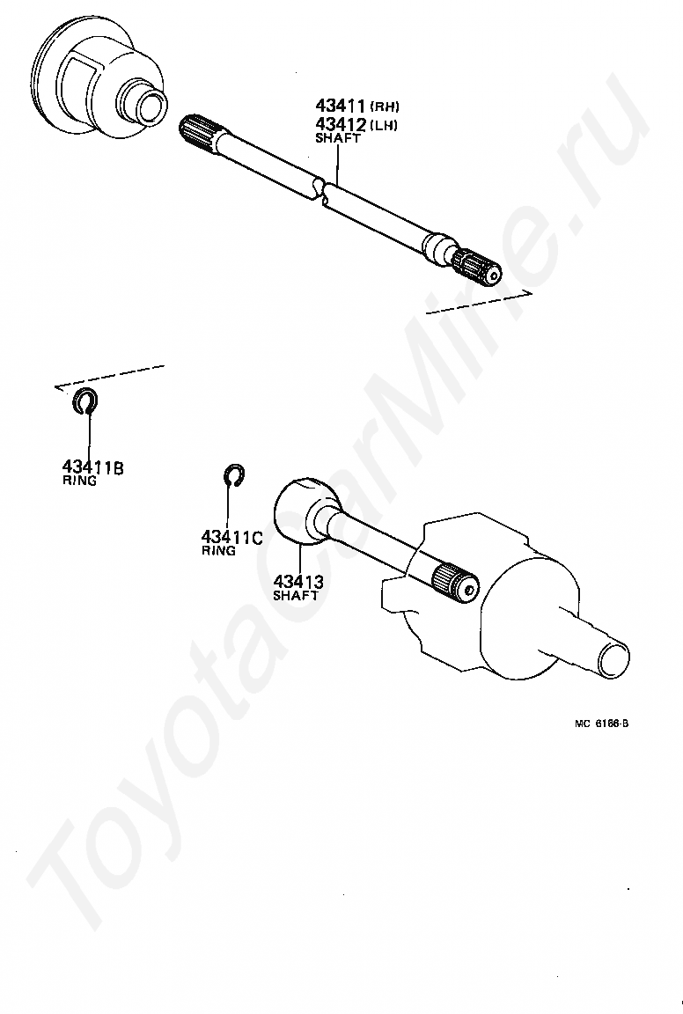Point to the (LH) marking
pos(384,125)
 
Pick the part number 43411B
pos(92,467)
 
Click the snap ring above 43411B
pos(85,400)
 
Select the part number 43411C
pos(231,537)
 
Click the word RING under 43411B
pos(79,481)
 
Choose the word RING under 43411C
pos(218,551)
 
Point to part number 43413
pos(298,581)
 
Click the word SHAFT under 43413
pos(295,596)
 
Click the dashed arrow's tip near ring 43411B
pos(55,386)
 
